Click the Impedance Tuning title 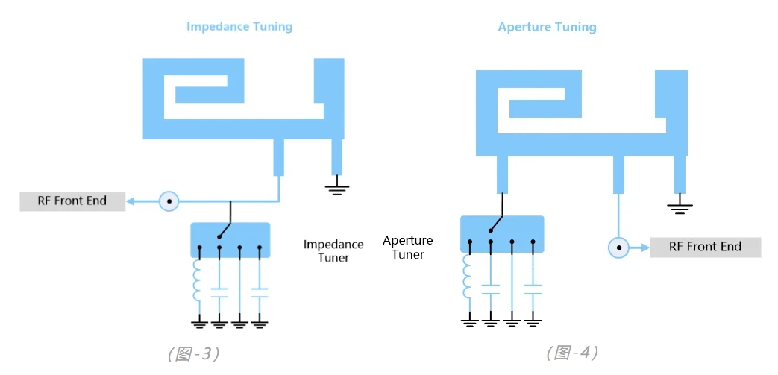(x=239, y=27)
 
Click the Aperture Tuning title (x=547, y=27)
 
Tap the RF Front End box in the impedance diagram (x=72, y=201)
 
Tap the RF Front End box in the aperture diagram (x=705, y=247)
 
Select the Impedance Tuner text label (x=333, y=251)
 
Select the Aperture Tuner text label (x=408, y=248)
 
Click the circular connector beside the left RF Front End (x=169, y=201)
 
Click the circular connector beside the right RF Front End (x=618, y=247)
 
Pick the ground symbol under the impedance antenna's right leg (x=337, y=189)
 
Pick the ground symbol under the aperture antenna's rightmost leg (x=680, y=207)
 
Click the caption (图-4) (x=572, y=353)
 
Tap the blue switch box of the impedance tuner (x=230, y=240)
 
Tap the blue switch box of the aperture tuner (x=502, y=234)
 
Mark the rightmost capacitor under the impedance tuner (x=260, y=293)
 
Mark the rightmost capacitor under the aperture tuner (x=533, y=290)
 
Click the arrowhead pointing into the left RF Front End (x=131, y=201)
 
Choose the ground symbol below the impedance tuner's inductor (x=199, y=325)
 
